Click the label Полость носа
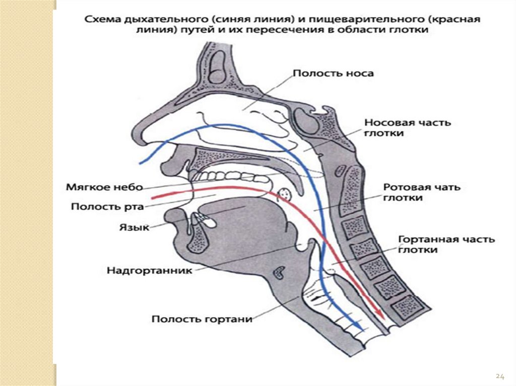pyautogui.click(x=333, y=73)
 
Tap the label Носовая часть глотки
pyautogui.click(x=408, y=128)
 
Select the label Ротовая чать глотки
pyautogui.click(x=421, y=192)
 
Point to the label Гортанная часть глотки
pyautogui.click(x=446, y=244)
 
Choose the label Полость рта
pyautogui.click(x=107, y=206)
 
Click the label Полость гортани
pyautogui.click(x=202, y=319)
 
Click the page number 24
pyautogui.click(x=500, y=376)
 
